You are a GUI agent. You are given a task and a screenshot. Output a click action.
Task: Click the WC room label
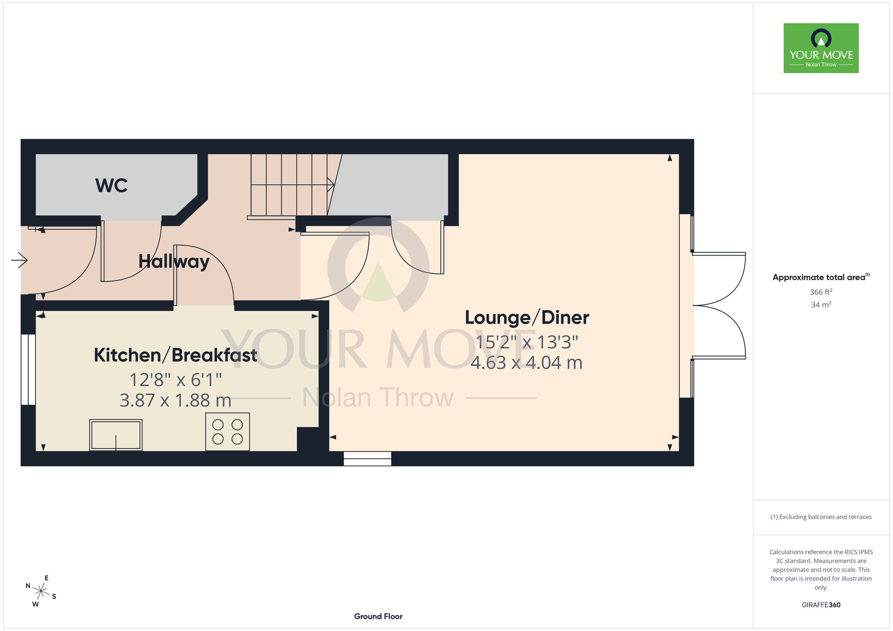[112, 186]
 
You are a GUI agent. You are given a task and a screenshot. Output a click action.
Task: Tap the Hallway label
[174, 262]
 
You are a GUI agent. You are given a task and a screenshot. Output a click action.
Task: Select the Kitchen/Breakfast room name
[175, 355]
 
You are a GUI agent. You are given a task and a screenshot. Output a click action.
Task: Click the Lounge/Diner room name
[527, 318]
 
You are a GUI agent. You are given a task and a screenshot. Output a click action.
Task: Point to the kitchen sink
[116, 435]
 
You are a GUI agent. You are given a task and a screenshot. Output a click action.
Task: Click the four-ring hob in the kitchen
[227, 432]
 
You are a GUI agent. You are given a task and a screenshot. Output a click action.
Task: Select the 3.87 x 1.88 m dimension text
[175, 400]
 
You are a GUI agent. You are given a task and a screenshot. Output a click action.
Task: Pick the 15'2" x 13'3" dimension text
[527, 342]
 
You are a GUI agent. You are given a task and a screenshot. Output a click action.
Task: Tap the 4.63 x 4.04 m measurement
[527, 362]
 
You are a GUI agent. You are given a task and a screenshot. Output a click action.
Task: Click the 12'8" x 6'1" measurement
[175, 380]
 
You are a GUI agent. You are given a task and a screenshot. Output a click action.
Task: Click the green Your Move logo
[821, 48]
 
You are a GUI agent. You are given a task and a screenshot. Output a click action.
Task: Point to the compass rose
[41, 592]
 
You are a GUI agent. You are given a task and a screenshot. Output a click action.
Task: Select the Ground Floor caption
[378, 616]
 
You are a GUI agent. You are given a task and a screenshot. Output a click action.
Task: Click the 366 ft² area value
[821, 292]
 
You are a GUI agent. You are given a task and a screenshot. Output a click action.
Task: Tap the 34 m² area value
[821, 305]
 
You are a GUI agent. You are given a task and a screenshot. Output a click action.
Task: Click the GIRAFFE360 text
[821, 605]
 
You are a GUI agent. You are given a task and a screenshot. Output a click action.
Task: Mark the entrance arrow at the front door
[19, 260]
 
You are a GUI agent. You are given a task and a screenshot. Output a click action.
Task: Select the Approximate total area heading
[821, 277]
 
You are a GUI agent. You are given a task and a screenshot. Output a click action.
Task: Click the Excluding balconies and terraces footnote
[821, 517]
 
